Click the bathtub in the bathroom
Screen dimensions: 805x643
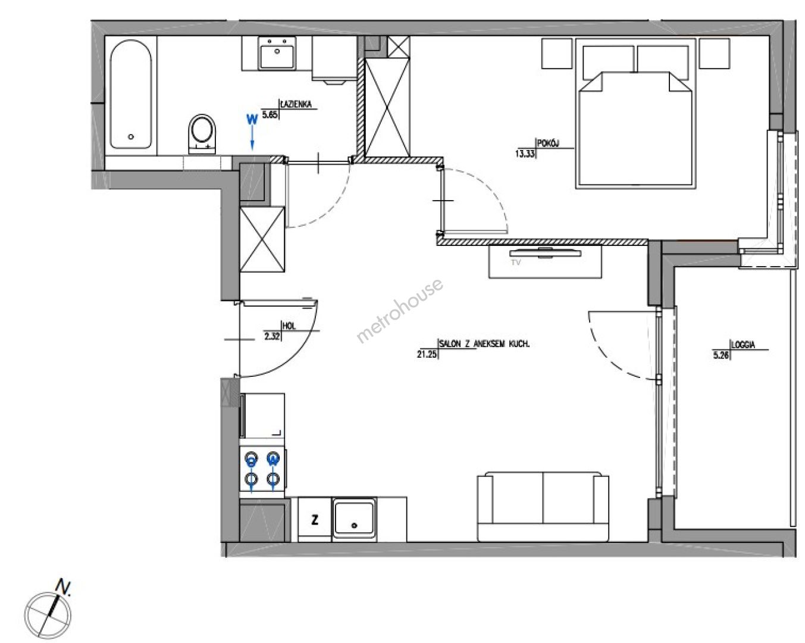(x=130, y=94)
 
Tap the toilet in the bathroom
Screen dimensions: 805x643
(x=202, y=134)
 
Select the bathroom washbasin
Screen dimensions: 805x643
(x=277, y=53)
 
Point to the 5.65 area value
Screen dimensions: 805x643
(x=270, y=114)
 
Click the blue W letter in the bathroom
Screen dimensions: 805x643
(x=252, y=120)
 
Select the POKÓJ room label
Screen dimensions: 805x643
(x=548, y=143)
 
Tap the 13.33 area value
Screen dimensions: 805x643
(x=525, y=154)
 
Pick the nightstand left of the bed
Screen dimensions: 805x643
(x=557, y=54)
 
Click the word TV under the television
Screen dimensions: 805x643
(x=516, y=263)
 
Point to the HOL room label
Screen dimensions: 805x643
(x=289, y=326)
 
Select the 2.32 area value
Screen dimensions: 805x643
(x=272, y=336)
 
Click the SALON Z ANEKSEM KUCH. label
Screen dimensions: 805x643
(x=484, y=344)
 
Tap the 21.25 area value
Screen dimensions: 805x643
(x=427, y=354)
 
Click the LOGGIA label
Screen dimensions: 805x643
(x=743, y=345)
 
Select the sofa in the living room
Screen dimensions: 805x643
(x=543, y=507)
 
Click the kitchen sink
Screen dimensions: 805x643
(x=354, y=519)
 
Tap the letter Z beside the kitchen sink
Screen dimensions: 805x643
(x=315, y=520)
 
